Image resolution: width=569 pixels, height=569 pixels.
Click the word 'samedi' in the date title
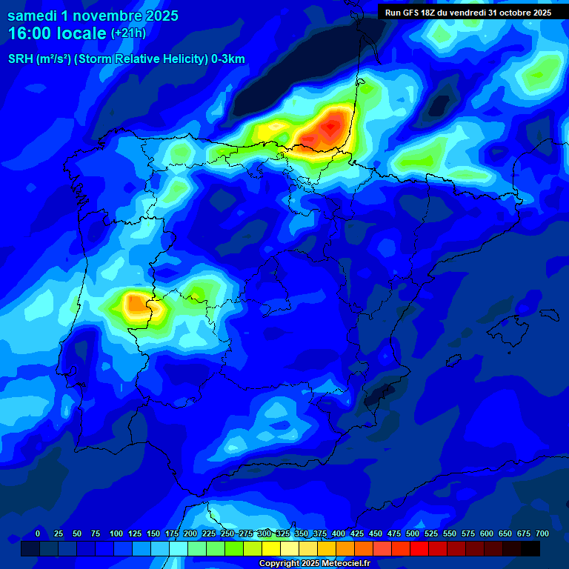click(32, 16)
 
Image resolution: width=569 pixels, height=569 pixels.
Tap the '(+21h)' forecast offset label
click(128, 33)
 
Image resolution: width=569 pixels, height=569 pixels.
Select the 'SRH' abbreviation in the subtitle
click(20, 59)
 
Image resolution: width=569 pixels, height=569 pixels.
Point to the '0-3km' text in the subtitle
click(227, 59)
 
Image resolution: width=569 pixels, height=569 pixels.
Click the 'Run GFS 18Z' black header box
click(468, 13)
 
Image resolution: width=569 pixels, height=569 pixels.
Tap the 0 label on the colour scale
click(38, 533)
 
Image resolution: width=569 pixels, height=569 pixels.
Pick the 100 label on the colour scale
click(116, 533)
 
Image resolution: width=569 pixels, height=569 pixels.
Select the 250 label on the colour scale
click(227, 533)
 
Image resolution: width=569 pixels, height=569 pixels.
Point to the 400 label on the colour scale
click(339, 533)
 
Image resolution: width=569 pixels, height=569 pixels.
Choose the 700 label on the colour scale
click(542, 533)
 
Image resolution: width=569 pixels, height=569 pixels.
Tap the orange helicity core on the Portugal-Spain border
click(136, 303)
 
